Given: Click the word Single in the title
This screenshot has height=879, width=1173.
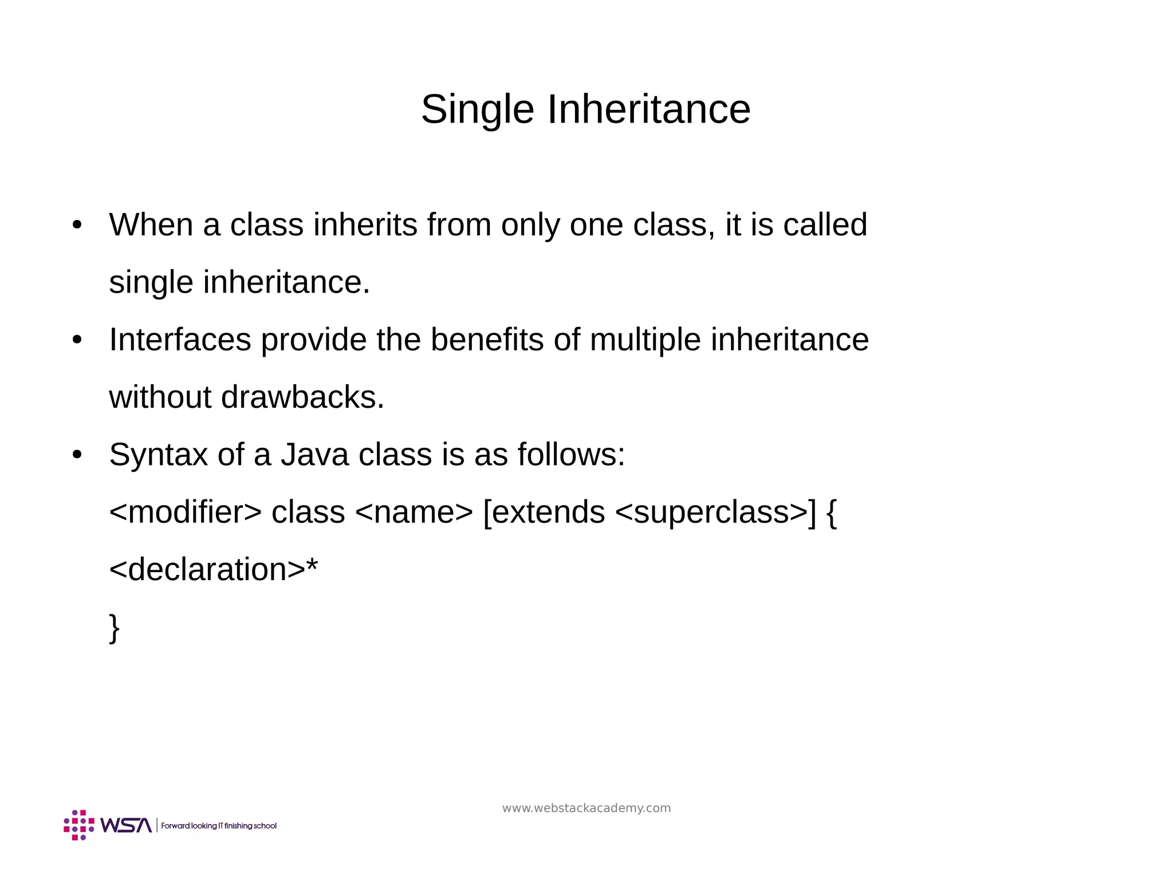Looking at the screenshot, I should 477,109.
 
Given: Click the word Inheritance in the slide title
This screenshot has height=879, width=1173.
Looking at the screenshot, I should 648,109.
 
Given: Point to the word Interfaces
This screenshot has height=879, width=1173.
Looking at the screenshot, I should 180,340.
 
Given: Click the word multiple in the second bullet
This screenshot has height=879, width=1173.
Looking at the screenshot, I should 645,340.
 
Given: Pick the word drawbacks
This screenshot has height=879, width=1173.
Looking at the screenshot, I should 302,397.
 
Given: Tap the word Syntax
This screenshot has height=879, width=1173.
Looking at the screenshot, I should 158,455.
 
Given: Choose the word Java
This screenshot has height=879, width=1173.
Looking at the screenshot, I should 314,455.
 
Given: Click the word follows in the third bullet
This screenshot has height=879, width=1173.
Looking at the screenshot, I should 571,455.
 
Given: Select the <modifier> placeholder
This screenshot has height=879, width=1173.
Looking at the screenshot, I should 185,512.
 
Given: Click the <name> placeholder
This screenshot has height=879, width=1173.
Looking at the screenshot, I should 414,512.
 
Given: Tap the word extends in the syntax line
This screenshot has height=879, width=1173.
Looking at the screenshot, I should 548,512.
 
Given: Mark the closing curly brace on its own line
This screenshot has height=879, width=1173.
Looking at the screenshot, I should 115,628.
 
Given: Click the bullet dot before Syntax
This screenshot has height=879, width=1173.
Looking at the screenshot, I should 77,455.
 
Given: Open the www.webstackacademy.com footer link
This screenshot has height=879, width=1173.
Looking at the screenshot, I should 586,808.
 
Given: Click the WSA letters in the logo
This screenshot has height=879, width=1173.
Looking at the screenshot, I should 126,825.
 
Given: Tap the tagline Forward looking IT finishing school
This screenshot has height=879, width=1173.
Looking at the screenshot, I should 219,826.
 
